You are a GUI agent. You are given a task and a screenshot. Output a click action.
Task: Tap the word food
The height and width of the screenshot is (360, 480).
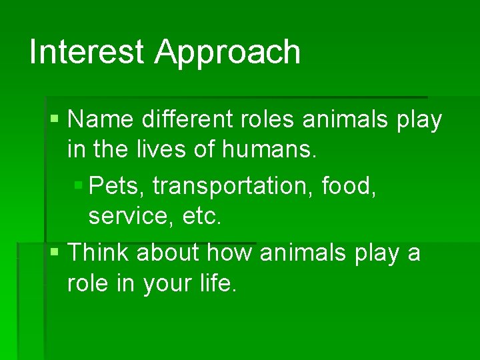tap(349, 187)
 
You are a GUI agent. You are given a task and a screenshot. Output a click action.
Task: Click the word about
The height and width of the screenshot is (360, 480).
tap(170, 253)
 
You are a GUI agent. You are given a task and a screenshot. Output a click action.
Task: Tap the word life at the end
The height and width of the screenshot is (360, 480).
tap(217, 284)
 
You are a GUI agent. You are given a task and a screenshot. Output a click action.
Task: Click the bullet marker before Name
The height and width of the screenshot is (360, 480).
tap(55, 121)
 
